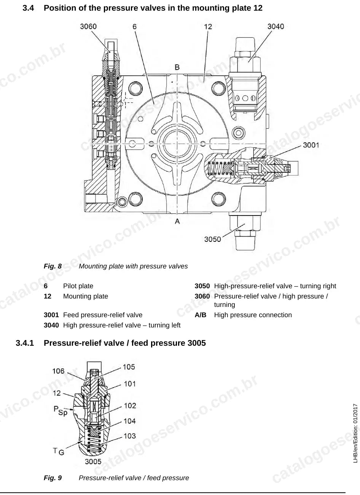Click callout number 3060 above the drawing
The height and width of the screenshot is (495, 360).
[88, 27]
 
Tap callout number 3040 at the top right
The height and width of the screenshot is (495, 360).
[276, 27]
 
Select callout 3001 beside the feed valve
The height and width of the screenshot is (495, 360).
[311, 145]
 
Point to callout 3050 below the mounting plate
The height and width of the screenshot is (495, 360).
[212, 240]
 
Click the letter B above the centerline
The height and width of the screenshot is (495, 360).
[177, 67]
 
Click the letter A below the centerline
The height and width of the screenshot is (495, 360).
[177, 221]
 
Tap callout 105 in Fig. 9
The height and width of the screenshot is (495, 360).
[129, 367]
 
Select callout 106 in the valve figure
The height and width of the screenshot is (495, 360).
[58, 371]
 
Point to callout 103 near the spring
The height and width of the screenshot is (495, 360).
[130, 436]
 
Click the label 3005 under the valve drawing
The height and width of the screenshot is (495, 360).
[93, 461]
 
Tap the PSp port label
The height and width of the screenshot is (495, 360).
[60, 411]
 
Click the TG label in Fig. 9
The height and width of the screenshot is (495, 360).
[59, 451]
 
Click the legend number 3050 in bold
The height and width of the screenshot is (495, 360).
[202, 286]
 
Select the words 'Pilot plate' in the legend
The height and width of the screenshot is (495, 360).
[78, 286]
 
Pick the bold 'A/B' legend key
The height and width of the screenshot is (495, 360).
[200, 315]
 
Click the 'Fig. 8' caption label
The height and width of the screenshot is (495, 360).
[53, 266]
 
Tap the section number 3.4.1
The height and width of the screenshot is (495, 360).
[25, 343]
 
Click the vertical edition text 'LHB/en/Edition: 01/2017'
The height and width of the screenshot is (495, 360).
[355, 433]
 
